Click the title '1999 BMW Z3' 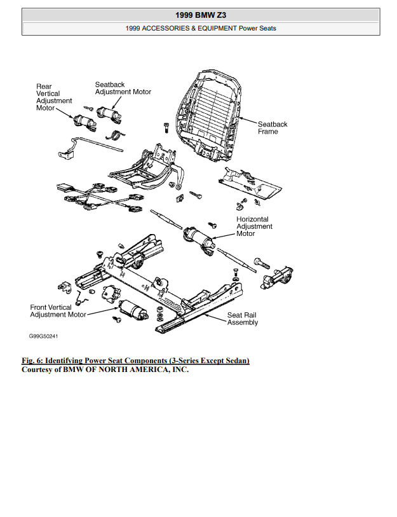point(201,14)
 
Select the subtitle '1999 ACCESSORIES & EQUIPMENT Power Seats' point(201,28)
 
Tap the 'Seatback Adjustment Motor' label point(123,88)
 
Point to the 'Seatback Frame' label point(272,128)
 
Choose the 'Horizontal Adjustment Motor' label point(254,226)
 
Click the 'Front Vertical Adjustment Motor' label point(58,311)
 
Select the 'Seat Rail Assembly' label point(243,319)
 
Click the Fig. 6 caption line point(135,361)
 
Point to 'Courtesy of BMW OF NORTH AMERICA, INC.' point(105,369)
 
